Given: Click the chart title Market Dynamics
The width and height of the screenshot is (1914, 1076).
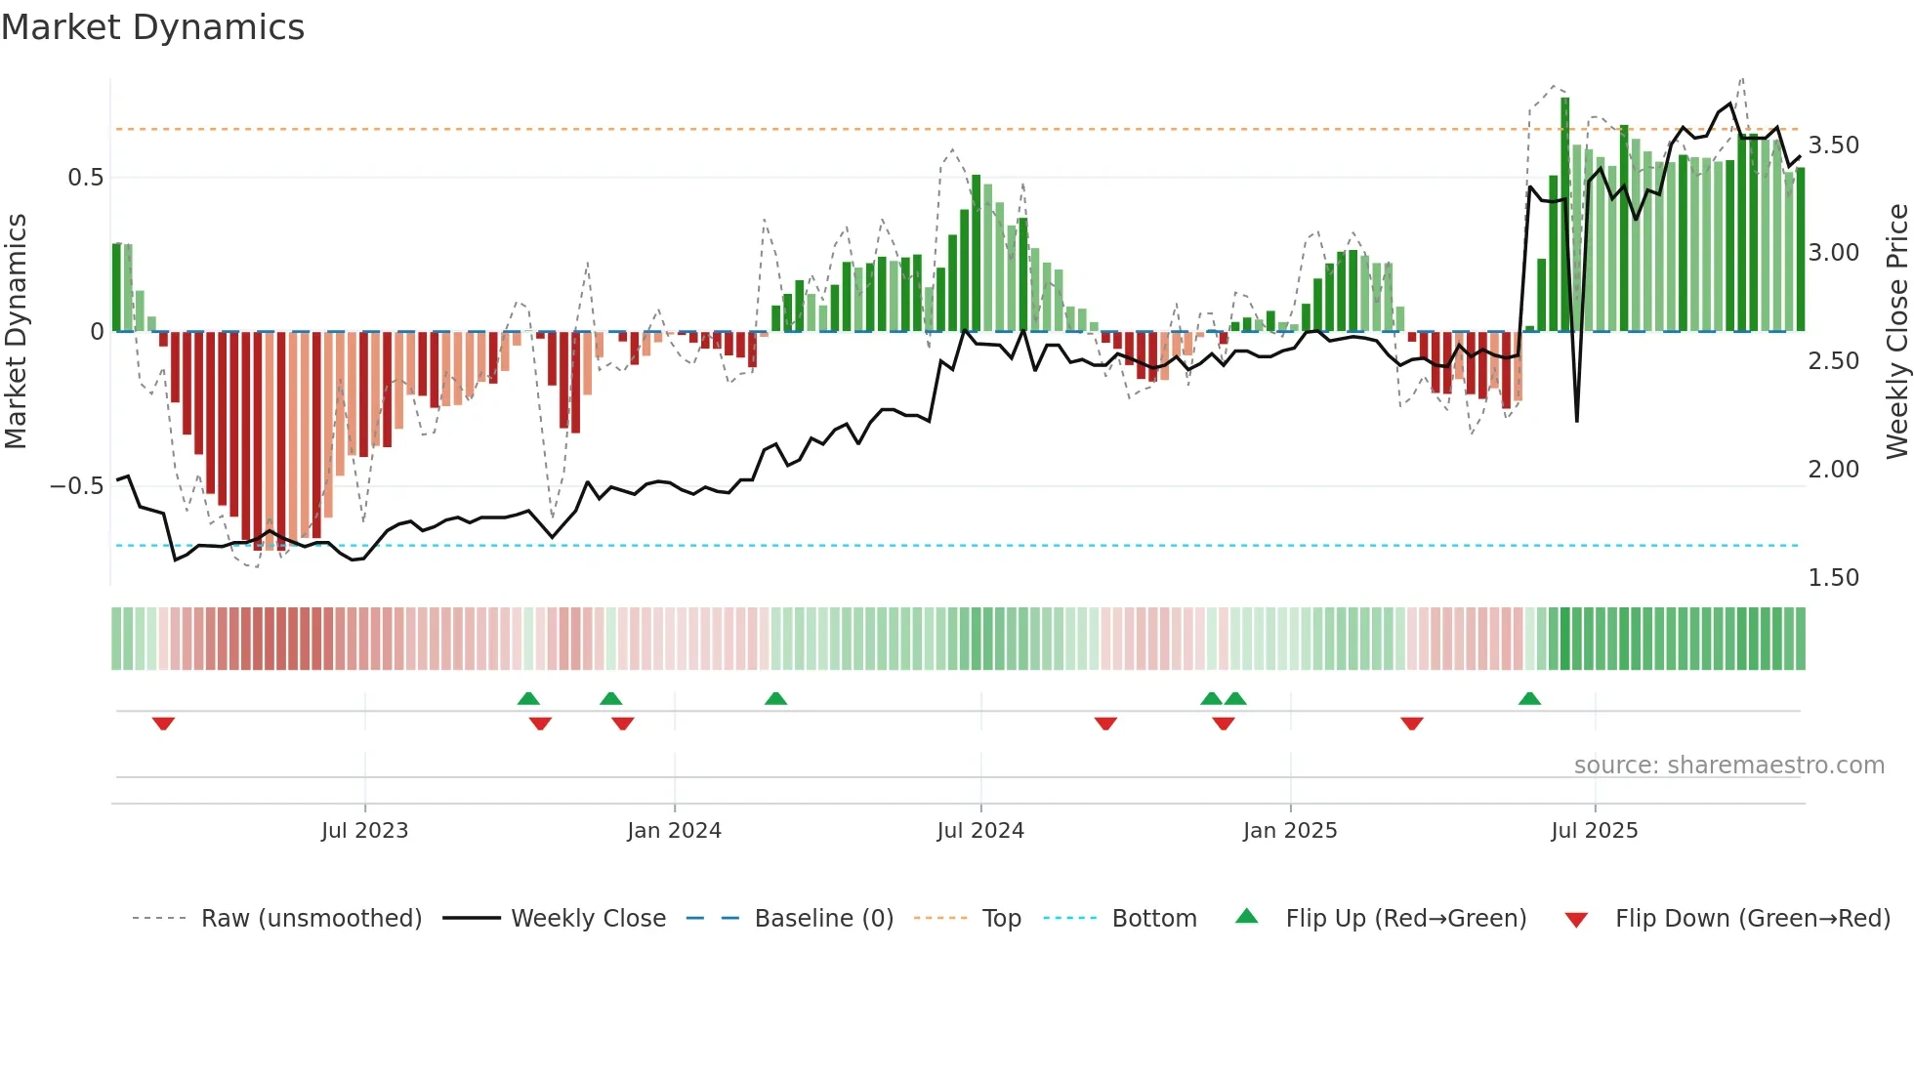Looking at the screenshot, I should [x=152, y=27].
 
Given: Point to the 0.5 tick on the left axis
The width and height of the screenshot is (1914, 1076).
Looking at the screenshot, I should [x=85, y=178].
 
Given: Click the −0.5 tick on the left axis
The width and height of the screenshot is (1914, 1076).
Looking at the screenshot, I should [x=77, y=486].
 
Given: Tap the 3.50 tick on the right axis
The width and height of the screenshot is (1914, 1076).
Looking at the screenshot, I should [x=1833, y=145].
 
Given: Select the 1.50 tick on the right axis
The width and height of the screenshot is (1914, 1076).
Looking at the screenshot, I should [x=1833, y=578].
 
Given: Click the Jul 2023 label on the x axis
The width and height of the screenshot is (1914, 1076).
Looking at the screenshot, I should [x=364, y=831].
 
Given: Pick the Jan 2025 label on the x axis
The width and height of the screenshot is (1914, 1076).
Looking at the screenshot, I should [x=1289, y=831].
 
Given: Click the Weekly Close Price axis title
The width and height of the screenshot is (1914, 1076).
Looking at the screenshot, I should [x=1896, y=331].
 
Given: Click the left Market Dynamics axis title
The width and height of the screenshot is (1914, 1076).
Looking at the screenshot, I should [x=16, y=331].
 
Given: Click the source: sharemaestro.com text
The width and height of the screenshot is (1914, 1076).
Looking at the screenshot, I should [x=1728, y=766].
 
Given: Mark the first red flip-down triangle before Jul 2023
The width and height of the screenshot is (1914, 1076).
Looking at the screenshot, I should [x=163, y=724].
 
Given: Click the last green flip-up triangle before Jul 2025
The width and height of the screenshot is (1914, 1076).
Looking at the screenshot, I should [x=1529, y=698].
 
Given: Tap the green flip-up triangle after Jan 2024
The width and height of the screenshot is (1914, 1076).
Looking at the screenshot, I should [x=775, y=698].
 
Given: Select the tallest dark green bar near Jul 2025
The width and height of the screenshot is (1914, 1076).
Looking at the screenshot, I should [x=1564, y=215].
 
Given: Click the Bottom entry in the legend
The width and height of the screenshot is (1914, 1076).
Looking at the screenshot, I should [x=1153, y=919].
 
